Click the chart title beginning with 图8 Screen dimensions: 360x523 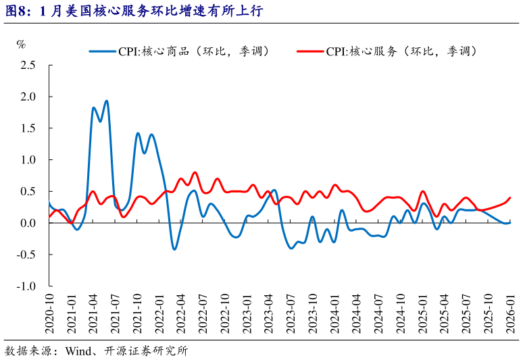132,11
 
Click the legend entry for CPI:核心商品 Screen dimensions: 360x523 179,51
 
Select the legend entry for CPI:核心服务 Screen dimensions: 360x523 387,51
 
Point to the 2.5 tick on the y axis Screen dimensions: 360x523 28,66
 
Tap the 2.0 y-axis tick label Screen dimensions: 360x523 28,97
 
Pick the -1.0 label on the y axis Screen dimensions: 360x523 26,286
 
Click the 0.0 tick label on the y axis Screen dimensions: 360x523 28,223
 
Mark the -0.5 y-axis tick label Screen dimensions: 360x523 26,255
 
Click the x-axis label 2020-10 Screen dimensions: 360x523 50,315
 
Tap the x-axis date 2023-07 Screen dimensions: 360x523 291,315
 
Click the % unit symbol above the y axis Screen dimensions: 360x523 22,45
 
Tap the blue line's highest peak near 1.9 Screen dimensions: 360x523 107,101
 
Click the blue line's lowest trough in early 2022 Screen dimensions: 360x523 174,249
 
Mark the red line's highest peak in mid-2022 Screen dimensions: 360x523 195,172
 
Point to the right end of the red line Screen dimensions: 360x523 509,198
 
